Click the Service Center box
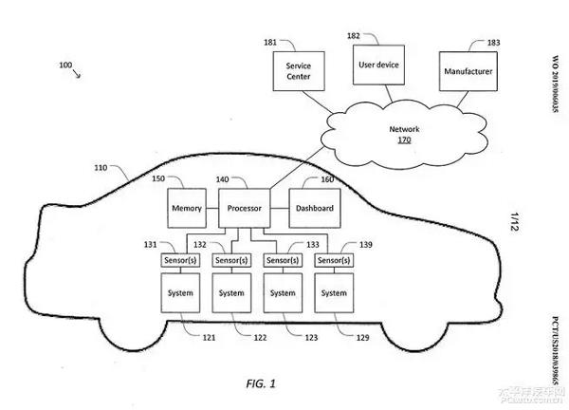(x=298, y=72)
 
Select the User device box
(x=378, y=66)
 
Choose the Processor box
(x=246, y=208)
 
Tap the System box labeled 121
(x=180, y=293)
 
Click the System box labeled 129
(x=334, y=293)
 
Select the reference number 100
(x=64, y=65)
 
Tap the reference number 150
(x=158, y=178)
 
